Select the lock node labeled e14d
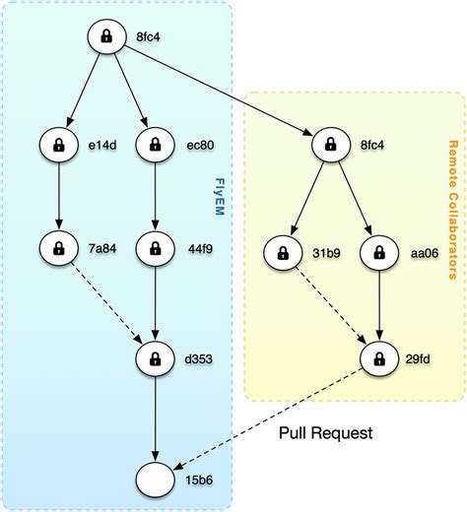coord(58,146)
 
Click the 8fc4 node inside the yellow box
coord(331,146)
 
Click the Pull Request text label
coord(325,432)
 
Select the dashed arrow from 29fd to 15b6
coord(266,417)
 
